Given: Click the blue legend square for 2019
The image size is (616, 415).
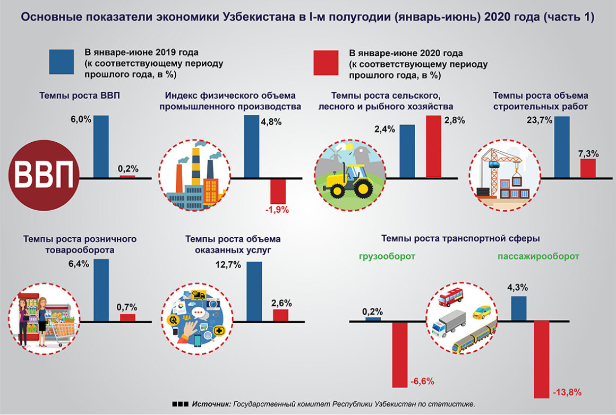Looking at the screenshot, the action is coord(61,62).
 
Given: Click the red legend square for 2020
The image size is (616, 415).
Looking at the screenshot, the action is coord(326,63).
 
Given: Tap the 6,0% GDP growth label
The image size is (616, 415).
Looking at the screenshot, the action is coord(81,119).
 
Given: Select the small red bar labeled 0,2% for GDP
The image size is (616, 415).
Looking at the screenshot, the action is coord(127,176).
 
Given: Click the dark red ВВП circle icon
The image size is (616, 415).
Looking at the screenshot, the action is coord(44,176).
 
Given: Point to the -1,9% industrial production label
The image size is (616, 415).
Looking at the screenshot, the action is coord(277,210).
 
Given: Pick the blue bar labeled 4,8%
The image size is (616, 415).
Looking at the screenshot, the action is coord(251,146).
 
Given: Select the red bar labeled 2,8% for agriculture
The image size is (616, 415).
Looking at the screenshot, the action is coord(434,146).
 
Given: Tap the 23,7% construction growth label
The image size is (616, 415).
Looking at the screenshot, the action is coord(540,120).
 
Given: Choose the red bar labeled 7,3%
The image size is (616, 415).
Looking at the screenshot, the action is coord(588,168).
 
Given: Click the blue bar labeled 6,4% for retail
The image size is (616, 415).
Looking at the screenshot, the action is coord(101,290).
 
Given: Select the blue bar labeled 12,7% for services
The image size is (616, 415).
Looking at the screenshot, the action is coord(254,292).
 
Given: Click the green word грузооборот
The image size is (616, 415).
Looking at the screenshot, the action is coord(387,256).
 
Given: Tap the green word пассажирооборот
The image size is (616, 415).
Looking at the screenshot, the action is coord(538,256).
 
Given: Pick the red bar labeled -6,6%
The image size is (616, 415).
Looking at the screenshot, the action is coord(400,355).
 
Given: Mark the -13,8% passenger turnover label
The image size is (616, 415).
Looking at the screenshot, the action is coord(567,392).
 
